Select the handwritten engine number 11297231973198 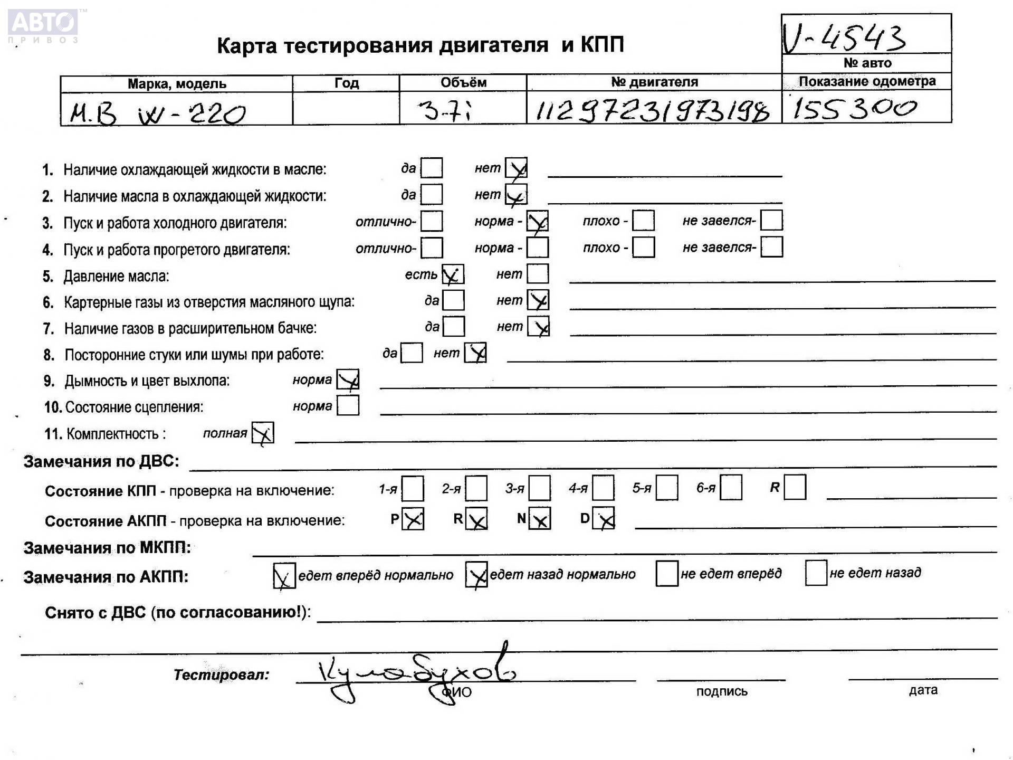point(652,111)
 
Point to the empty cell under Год point(346,109)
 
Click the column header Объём point(463,82)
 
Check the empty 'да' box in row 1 point(432,168)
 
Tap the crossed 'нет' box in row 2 point(516,195)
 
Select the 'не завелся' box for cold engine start point(771,220)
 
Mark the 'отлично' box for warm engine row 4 point(432,247)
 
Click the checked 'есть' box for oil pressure point(453,274)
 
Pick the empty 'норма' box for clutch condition point(348,405)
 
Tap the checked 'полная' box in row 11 point(263,433)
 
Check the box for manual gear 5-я point(667,488)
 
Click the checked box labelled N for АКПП point(540,519)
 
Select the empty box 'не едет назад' point(816,573)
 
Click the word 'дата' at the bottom point(923,690)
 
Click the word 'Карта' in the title point(246,45)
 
